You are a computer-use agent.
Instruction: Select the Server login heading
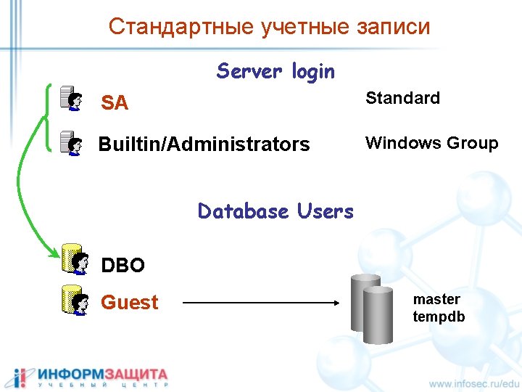pos(275,71)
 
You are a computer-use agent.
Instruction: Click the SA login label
pos(115,103)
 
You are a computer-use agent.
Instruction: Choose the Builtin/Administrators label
pos(204,144)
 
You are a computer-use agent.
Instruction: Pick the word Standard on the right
pos(402,98)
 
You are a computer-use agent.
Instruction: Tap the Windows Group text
pos(431,143)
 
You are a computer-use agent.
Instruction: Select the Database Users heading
pos(275,211)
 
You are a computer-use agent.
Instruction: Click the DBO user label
pos(123,266)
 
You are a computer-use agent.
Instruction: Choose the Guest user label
pos(130,302)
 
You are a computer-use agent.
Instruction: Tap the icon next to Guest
pos(74,299)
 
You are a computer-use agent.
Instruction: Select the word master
pos(436,299)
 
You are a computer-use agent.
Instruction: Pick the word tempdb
pos(439,317)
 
